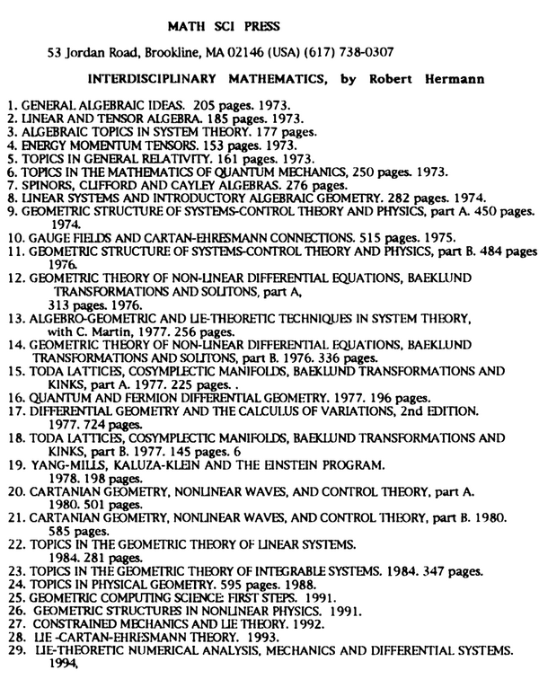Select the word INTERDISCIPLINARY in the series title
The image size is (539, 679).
(159, 79)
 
